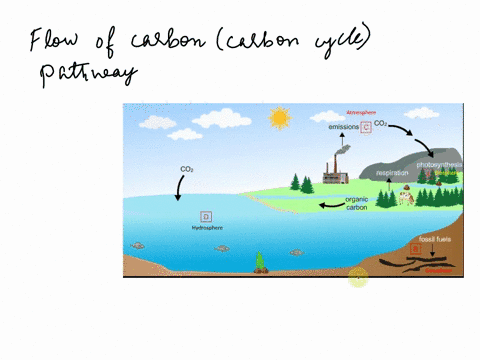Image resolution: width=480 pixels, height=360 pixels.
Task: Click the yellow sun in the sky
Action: pos(278,119)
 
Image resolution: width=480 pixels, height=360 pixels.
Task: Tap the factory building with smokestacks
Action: pos(335,173)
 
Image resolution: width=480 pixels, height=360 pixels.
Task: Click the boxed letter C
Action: pos(367,128)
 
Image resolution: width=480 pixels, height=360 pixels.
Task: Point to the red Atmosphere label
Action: pos(359,112)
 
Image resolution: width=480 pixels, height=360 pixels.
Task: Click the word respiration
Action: pos(391,173)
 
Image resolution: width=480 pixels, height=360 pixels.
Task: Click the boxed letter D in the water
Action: pos(206,216)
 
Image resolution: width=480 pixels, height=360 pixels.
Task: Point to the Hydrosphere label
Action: pos(206,229)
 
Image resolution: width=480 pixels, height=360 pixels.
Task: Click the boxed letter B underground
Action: pos(415,248)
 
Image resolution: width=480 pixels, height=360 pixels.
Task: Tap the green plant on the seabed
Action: pos(260,263)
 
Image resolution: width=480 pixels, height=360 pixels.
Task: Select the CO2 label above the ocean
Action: pos(187,170)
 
